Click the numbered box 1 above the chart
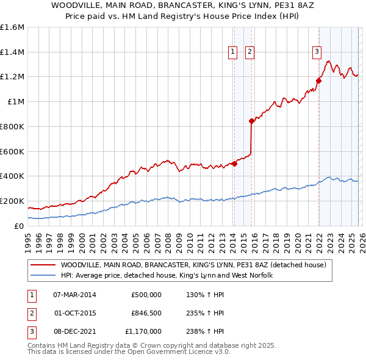pos(234,52)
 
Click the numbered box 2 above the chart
pos(250,52)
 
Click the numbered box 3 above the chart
pos(317,52)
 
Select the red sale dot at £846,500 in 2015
pos(251,121)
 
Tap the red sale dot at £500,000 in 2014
pos(234,164)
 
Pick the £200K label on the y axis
pos(12,201)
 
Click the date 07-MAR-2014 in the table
pos(74,295)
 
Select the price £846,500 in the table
pos(146,313)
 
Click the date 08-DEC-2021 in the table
pos(74,331)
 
